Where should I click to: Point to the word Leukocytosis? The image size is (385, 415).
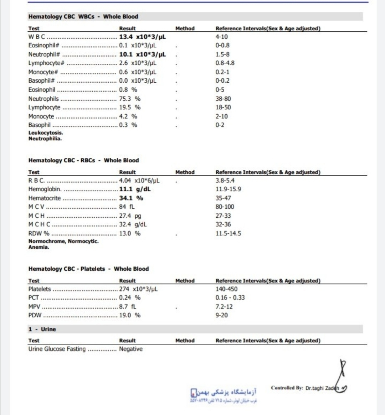click(x=46, y=133)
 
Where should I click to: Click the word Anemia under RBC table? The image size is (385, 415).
click(x=39, y=247)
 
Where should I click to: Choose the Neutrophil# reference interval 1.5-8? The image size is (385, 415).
click(x=222, y=54)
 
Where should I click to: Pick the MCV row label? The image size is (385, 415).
click(x=36, y=207)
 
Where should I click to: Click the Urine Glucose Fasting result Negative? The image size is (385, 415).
click(x=131, y=349)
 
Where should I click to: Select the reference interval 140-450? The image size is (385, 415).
click(x=226, y=289)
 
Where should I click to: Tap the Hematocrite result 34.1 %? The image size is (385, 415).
click(x=131, y=198)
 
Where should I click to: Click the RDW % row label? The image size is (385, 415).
click(x=39, y=233)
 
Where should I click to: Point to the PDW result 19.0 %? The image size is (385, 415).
click(x=130, y=315)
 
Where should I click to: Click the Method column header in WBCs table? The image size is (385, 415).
click(x=185, y=28)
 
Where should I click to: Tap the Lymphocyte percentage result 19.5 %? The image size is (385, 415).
click(x=130, y=107)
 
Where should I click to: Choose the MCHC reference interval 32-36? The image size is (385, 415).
click(x=223, y=224)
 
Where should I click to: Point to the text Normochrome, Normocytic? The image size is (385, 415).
click(x=63, y=241)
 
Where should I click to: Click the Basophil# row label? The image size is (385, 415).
click(x=41, y=81)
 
